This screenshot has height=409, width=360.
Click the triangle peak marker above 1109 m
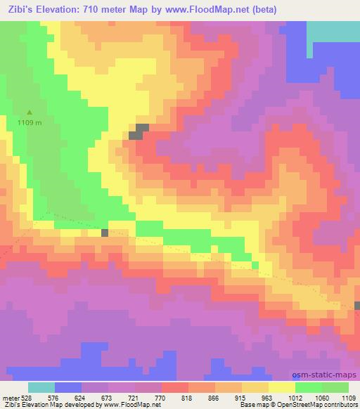click(30, 112)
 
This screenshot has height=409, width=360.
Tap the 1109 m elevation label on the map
click(30, 122)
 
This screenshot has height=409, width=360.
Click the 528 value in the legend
click(26, 397)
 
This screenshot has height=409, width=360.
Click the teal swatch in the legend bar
click(41, 387)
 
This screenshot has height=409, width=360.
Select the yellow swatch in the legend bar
click(281, 387)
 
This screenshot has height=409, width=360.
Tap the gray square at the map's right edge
click(357, 305)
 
